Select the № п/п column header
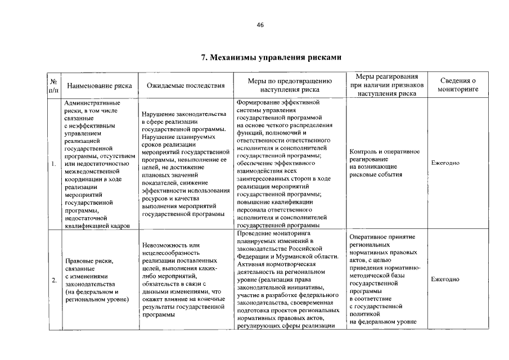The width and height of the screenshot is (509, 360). tap(53, 85)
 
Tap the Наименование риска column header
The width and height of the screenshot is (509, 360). tap(99, 86)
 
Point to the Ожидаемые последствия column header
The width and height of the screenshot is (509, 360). tap(186, 86)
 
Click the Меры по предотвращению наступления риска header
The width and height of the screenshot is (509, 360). tap(290, 85)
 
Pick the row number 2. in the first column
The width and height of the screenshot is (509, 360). tap(53, 280)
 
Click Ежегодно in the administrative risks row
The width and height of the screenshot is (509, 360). tap(445, 163)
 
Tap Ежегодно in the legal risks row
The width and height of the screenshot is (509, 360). tap(445, 280)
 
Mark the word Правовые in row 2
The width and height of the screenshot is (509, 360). tap(80, 261)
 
